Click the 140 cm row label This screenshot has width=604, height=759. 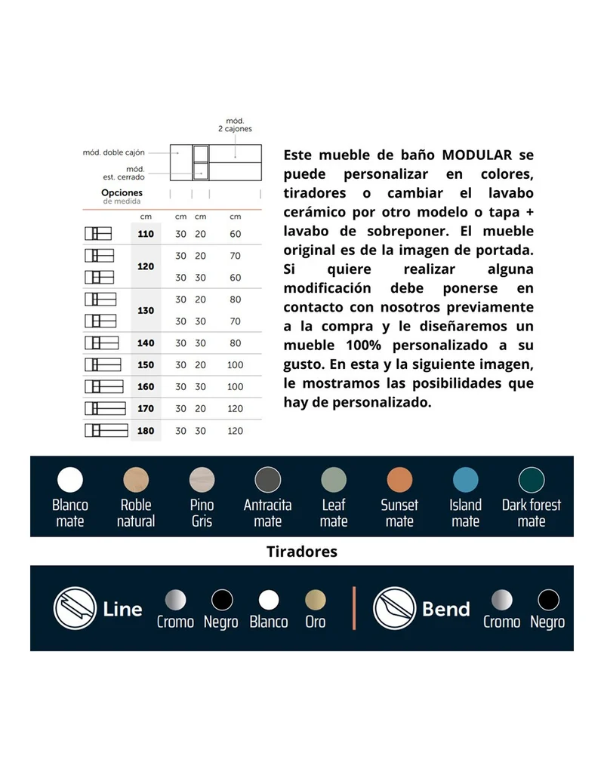pos(146,343)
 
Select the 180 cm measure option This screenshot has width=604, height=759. pos(146,431)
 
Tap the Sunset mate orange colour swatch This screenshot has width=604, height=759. pos(399,480)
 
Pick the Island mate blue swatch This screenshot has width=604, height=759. pos(466,480)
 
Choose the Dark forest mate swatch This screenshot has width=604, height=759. pos(532,480)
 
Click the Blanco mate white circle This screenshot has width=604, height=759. pos(70,480)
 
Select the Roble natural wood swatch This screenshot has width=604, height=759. pos(136,480)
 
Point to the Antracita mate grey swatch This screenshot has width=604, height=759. pos(268,480)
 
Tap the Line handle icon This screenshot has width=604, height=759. pos(75,608)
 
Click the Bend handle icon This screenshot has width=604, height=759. pos(395,608)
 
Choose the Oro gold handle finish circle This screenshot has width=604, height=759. pos(316,601)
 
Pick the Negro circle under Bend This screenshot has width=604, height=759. pos(548,601)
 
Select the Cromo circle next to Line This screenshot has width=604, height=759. pos(175,601)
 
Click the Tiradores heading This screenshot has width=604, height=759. pos(302,552)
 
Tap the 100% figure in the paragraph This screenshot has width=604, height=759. pos(363,345)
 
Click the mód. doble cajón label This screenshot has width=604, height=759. pos(114,152)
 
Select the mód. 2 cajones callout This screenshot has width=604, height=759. pos(235,125)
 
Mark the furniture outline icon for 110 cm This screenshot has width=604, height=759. pos(98,234)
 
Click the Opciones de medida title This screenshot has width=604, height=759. pos(122,196)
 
